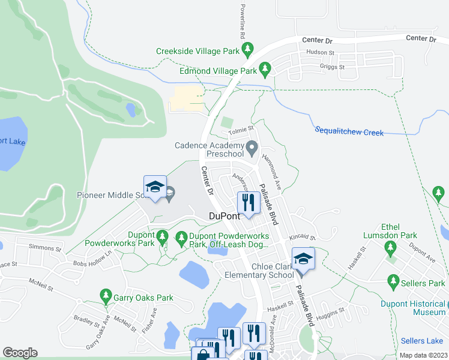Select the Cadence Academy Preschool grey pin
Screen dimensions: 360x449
[253, 147]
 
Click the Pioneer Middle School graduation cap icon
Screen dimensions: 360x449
[155, 187]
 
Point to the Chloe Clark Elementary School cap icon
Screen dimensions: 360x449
[303, 259]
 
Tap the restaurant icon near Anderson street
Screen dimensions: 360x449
[248, 200]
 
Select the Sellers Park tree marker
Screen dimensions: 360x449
[393, 281]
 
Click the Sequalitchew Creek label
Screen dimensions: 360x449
[349, 131]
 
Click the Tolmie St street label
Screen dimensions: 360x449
[243, 128]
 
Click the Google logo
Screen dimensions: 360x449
[20, 353]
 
